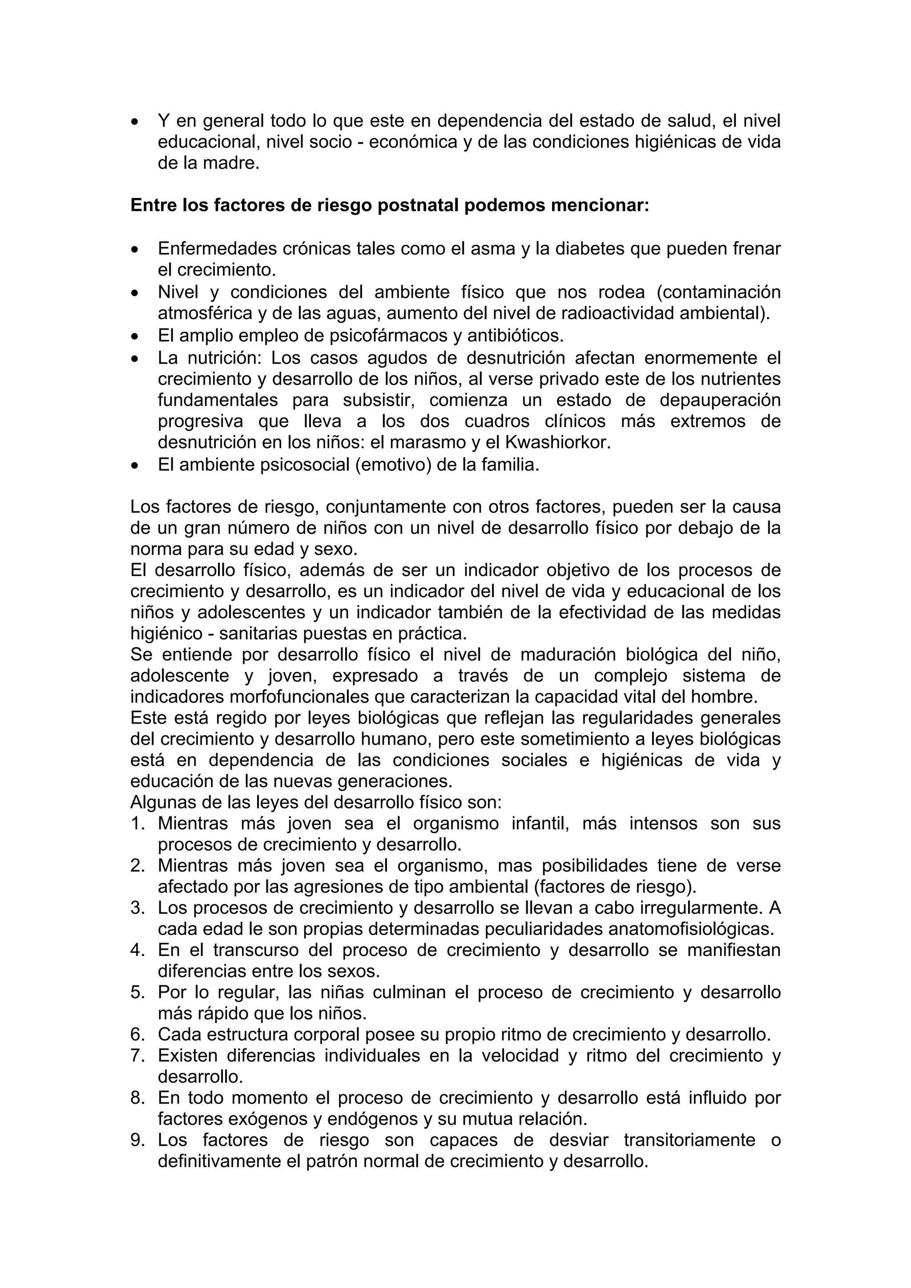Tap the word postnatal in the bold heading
419,205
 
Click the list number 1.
137,824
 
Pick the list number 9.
137,1140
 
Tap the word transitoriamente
689,1140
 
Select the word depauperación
720,400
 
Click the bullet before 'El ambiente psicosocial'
134,466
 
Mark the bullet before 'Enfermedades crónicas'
134,249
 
